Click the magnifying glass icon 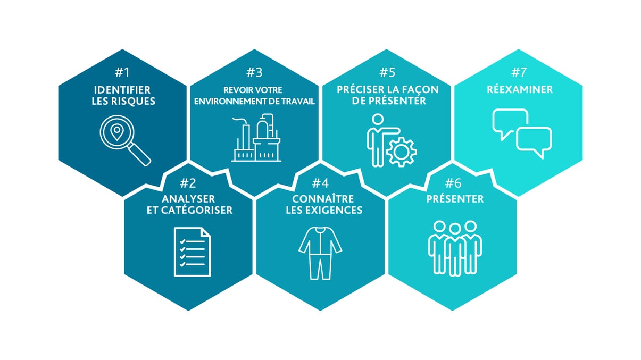point(124,140)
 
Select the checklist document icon point(192,252)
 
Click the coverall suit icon point(320,252)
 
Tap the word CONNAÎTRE point(320,198)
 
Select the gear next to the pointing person point(402,150)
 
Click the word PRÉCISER point(360,89)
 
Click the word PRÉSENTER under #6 point(455,199)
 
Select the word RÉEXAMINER point(520,89)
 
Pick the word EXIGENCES point(338,210)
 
